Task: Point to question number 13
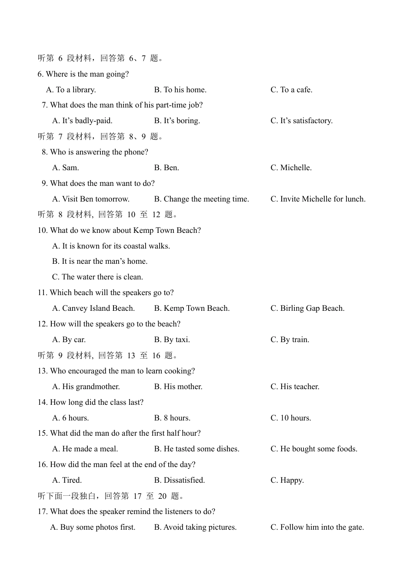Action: (42, 371)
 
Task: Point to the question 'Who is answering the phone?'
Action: (99, 152)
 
